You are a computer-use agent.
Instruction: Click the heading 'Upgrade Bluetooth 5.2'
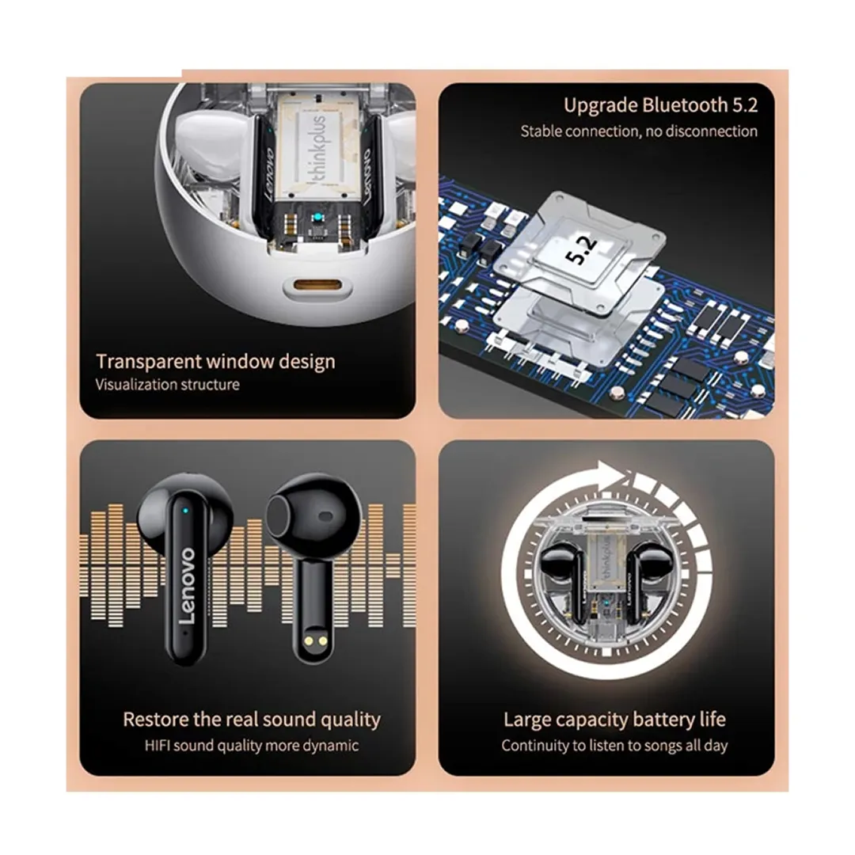tap(660, 105)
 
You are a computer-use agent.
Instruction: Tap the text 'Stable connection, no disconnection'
tap(639, 131)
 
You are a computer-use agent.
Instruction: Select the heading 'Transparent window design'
tap(215, 362)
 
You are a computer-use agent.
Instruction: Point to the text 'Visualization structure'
tap(167, 385)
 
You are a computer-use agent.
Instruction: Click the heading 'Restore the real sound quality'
tap(252, 720)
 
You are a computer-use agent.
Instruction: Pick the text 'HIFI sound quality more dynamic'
tap(252, 746)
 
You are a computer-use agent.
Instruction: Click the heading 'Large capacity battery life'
tap(614, 720)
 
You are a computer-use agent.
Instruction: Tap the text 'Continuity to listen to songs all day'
tap(614, 746)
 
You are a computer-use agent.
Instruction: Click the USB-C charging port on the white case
tap(317, 285)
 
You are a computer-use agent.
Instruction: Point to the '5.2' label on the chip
tap(581, 252)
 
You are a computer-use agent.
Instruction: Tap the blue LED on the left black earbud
tap(185, 511)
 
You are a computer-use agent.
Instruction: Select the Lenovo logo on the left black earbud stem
tap(187, 586)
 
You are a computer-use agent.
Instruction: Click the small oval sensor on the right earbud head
tap(325, 516)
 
